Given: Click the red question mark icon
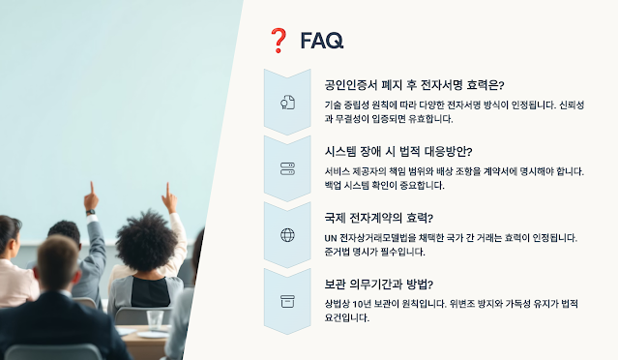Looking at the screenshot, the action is click(x=279, y=41).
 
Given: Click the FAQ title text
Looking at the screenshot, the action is click(x=322, y=41).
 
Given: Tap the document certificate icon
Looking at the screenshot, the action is click(x=287, y=103).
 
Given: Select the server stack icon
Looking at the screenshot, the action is click(x=287, y=168).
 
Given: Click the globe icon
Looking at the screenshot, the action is click(x=287, y=235).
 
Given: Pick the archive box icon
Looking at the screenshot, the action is click(x=287, y=301).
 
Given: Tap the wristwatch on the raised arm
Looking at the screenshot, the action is click(x=91, y=212).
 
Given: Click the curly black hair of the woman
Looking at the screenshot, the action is click(x=146, y=240).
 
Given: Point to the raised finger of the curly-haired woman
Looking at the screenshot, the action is click(x=167, y=190).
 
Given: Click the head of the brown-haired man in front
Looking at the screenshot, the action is click(x=58, y=261).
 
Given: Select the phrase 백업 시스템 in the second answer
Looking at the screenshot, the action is click(x=347, y=186).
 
